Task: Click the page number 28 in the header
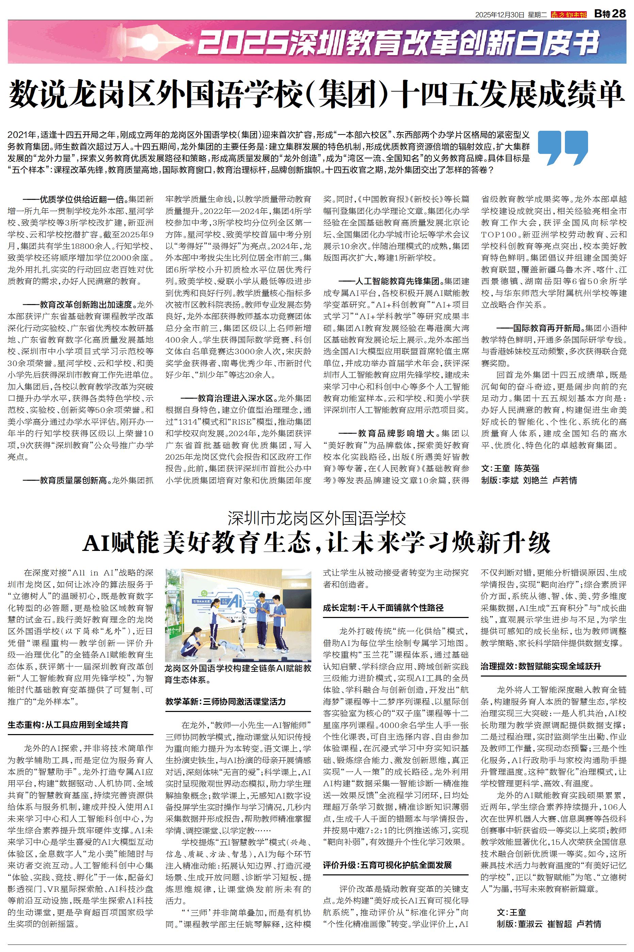coord(619,13)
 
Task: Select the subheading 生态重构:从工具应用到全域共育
coord(68,725)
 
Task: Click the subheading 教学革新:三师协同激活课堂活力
coord(226,701)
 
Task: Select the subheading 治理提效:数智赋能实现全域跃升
coord(541,666)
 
